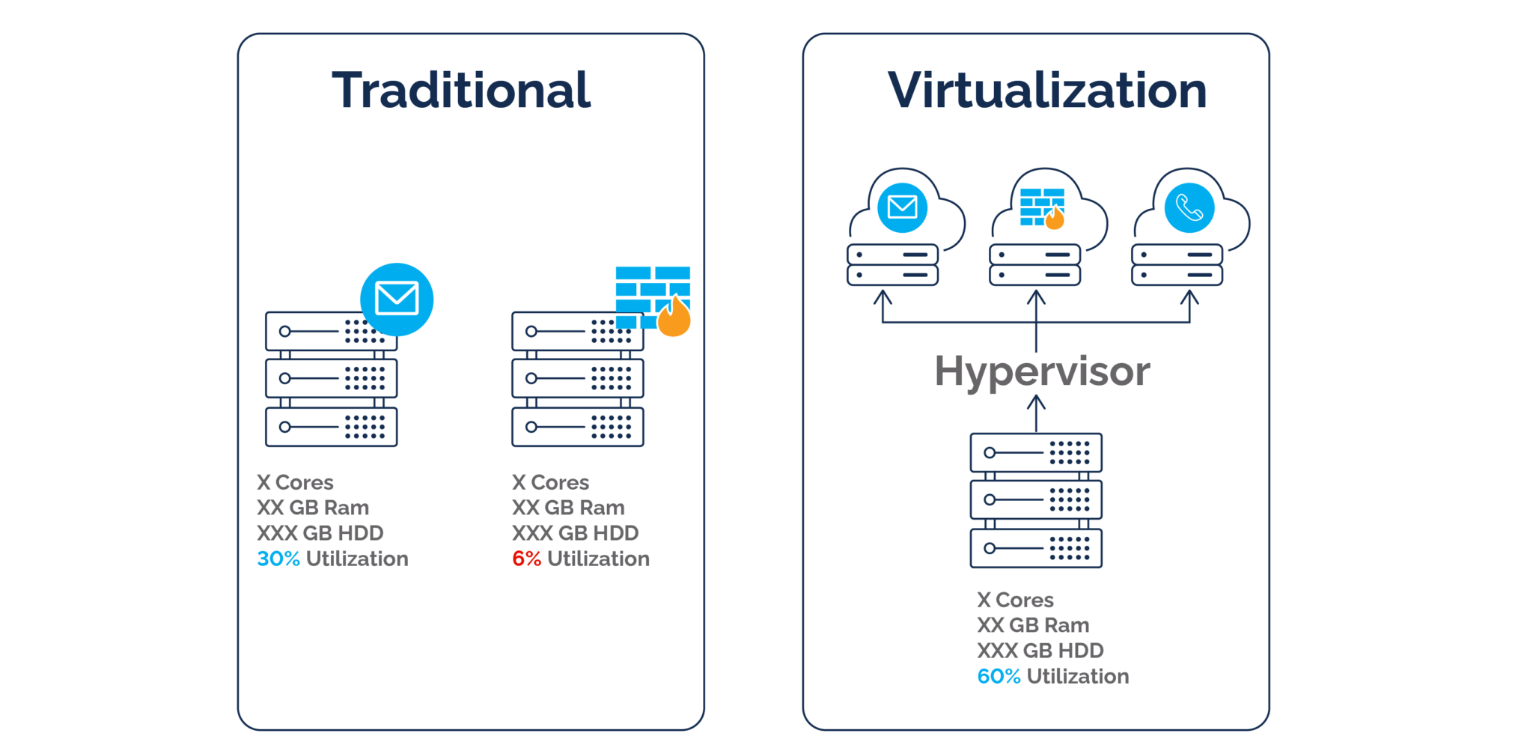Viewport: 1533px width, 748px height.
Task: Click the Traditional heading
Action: [x=461, y=91]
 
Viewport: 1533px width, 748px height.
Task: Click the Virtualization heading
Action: [x=1046, y=91]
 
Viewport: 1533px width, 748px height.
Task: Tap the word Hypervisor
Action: [x=1042, y=372]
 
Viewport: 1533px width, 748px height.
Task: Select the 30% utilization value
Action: [x=278, y=559]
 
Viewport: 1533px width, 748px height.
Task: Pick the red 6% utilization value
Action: [x=526, y=559]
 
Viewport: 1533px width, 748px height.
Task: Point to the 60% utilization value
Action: [x=999, y=676]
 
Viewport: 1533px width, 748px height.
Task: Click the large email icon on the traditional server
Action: [x=397, y=299]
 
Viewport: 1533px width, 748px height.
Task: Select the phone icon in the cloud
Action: [x=1189, y=207]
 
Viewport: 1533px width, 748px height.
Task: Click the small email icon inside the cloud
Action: [x=902, y=207]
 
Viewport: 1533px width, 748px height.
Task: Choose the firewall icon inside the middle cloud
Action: [x=1041, y=207]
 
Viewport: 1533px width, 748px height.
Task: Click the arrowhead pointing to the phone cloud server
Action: [x=1190, y=298]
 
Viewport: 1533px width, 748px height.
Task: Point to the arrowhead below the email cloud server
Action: [x=883, y=298]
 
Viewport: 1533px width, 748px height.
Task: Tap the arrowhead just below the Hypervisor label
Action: [x=1036, y=403]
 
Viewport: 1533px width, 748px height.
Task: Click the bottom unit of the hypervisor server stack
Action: [x=1036, y=548]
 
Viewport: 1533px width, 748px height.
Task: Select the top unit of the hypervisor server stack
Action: [x=1036, y=452]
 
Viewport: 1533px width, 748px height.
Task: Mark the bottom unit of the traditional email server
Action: [x=331, y=427]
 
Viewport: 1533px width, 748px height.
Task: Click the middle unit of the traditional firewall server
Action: [x=577, y=378]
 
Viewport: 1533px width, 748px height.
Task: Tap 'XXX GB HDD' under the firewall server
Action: [x=575, y=533]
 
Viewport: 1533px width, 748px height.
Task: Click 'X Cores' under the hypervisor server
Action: [x=1015, y=600]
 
